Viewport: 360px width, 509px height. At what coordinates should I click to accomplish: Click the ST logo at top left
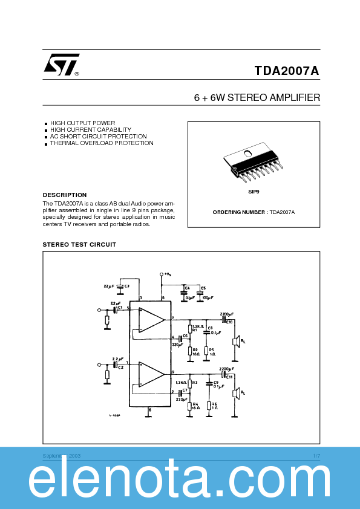[x=61, y=65]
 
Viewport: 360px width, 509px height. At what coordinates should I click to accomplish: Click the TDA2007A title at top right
[x=287, y=70]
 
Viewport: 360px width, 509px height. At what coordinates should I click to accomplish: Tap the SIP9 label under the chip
[x=254, y=192]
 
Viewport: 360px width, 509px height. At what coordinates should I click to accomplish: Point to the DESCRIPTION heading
[x=64, y=195]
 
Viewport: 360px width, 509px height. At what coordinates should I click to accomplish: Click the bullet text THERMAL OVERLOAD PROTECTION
[x=102, y=143]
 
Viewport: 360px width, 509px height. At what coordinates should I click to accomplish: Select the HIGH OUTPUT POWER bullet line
[x=82, y=123]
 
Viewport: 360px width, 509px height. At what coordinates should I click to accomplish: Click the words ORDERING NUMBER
[x=240, y=212]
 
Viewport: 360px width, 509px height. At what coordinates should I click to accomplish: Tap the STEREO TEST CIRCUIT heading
[x=79, y=244]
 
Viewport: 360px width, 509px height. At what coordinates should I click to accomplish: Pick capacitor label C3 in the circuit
[x=126, y=285]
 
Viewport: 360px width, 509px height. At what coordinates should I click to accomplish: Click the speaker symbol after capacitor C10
[x=237, y=342]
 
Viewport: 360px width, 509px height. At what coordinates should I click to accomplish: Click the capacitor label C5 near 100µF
[x=203, y=288]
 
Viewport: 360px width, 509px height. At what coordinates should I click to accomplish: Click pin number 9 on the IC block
[x=173, y=372]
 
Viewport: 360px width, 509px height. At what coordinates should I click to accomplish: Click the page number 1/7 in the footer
[x=316, y=455]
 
